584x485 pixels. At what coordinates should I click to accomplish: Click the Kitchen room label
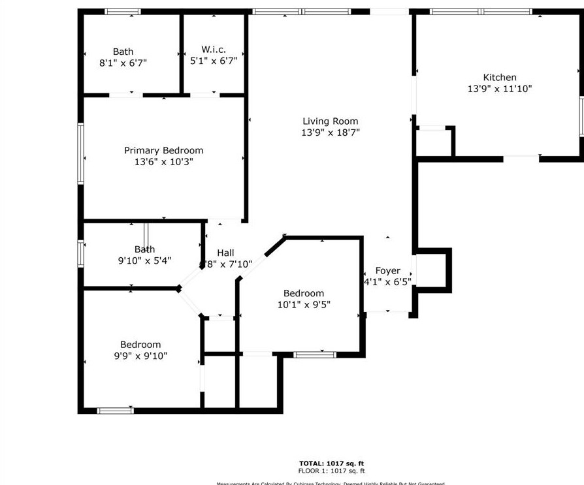[x=500, y=77]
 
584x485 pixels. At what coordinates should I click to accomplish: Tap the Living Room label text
[x=331, y=121]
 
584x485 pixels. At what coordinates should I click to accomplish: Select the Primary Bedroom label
[x=163, y=150]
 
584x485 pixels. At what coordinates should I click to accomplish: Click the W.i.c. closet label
[x=214, y=50]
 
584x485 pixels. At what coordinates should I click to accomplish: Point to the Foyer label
[x=387, y=271]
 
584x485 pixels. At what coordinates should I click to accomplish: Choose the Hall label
[x=225, y=253]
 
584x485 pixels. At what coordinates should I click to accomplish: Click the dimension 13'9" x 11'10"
[x=500, y=89]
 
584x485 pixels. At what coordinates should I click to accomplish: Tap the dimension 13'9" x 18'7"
[x=331, y=133]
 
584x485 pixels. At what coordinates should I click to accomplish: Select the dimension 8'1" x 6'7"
[x=123, y=63]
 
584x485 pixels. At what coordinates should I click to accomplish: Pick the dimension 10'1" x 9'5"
[x=304, y=304]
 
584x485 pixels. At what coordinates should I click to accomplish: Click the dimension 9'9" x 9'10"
[x=140, y=356]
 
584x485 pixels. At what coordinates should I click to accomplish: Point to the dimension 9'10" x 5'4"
[x=144, y=260]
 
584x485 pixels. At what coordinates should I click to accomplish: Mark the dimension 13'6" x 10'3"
[x=163, y=162]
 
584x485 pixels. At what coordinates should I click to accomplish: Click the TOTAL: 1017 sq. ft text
[x=331, y=463]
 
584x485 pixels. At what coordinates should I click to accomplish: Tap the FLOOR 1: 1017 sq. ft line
[x=331, y=471]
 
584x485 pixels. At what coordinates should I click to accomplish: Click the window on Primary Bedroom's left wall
[x=81, y=153]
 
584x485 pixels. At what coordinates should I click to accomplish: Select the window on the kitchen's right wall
[x=581, y=116]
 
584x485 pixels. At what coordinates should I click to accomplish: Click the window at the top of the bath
[x=123, y=12]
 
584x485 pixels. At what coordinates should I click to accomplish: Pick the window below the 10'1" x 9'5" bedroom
[x=314, y=354]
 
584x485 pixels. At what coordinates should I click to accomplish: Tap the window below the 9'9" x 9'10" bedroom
[x=115, y=411]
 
